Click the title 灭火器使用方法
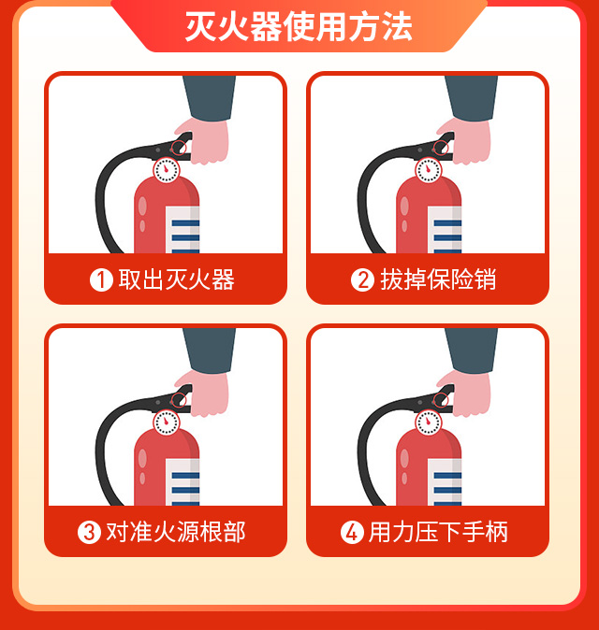point(299,26)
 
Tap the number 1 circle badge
point(101,279)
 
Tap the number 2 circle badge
point(362,279)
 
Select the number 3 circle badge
point(89,533)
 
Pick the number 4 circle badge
point(351,533)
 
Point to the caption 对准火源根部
point(176,533)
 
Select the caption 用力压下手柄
point(438,533)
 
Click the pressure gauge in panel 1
point(166,170)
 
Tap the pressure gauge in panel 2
point(428,170)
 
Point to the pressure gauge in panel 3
point(166,422)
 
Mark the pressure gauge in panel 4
point(428,422)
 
